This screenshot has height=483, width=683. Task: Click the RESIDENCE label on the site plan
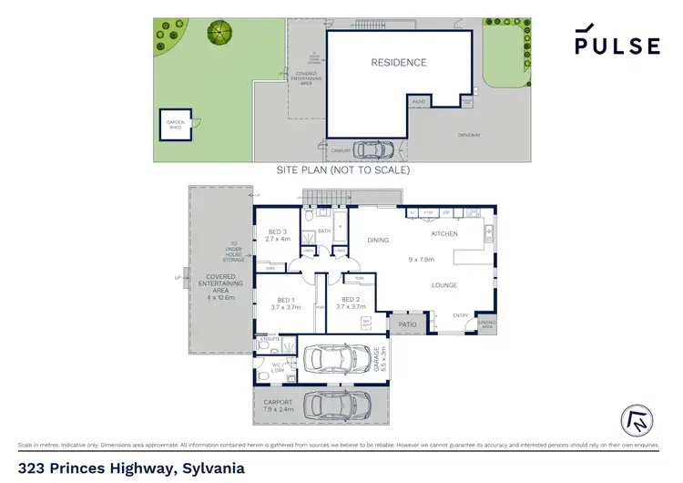coord(398,63)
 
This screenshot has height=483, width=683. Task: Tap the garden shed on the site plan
coord(173,127)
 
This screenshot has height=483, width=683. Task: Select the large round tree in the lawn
coord(219,33)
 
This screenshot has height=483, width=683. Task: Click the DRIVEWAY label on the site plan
coord(469,135)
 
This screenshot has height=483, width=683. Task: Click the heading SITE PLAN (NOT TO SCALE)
coord(342,170)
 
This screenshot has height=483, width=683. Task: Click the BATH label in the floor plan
coord(323,231)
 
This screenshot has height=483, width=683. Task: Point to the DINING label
coord(378,241)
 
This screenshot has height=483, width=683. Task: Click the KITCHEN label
coord(444,234)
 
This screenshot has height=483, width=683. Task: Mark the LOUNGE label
coord(444,285)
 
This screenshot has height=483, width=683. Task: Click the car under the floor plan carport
coord(337,404)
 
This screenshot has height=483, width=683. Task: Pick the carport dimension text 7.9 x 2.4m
coord(279,408)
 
